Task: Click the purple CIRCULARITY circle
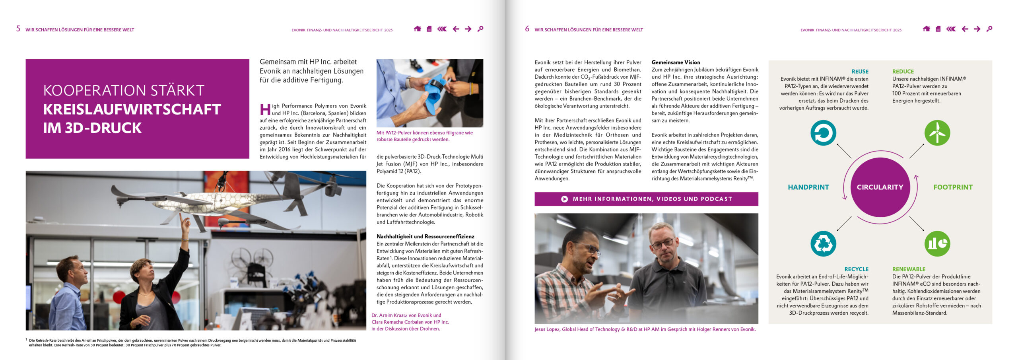click(880, 187)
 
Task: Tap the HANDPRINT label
click(808, 187)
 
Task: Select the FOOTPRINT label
click(953, 187)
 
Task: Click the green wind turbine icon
click(937, 133)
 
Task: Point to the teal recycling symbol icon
click(823, 243)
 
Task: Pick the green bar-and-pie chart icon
click(937, 243)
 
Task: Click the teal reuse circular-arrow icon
click(823, 133)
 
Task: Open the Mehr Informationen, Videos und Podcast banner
click(646, 199)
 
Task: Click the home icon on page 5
click(417, 29)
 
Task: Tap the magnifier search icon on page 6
click(989, 29)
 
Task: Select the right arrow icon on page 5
click(468, 29)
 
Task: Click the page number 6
click(527, 29)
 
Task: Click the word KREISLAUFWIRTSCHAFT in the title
click(132, 109)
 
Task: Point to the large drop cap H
click(265, 109)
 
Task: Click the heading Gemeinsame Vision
click(676, 62)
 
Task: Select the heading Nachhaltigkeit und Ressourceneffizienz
click(425, 237)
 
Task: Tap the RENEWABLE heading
click(909, 269)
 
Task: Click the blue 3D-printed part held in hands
click(435, 93)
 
